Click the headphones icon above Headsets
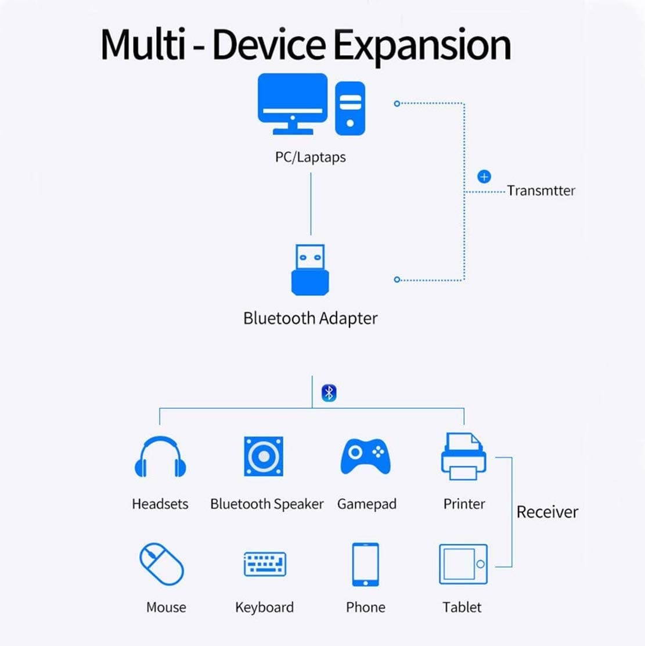(160, 457)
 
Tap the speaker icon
(264, 457)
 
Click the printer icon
(463, 457)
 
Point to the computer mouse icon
(161, 564)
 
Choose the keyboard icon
(265, 564)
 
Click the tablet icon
(463, 564)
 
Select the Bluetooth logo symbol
(329, 393)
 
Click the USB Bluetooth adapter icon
(310, 270)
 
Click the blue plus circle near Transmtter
(484, 176)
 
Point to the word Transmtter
(540, 191)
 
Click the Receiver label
(547, 512)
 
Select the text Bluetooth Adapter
(310, 318)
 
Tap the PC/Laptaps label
(310, 157)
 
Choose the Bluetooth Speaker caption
(266, 504)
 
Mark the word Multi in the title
(143, 44)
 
